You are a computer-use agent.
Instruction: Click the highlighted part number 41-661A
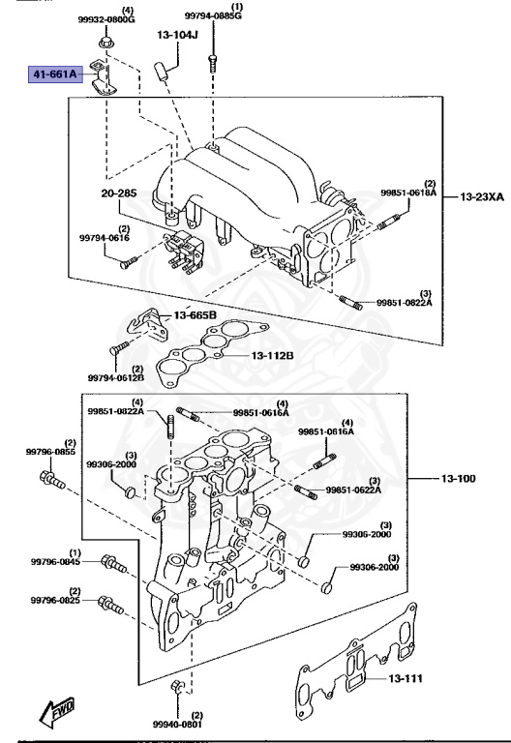[55, 74]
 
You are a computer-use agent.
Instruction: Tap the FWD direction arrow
[57, 711]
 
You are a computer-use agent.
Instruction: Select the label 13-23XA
[482, 196]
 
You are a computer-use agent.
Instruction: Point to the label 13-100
[458, 479]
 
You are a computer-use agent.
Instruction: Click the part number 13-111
[406, 678]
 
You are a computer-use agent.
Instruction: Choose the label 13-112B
[273, 355]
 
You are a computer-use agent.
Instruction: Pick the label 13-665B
[195, 315]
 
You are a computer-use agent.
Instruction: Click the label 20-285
[119, 193]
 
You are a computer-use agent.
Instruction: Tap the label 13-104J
[177, 35]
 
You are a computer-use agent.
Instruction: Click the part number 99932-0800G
[106, 19]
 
